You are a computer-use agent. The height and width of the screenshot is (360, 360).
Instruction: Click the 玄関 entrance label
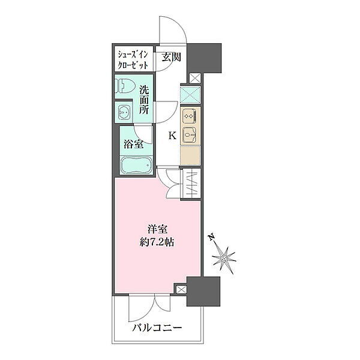click(x=172, y=57)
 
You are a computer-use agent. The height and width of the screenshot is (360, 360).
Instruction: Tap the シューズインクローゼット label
click(x=133, y=61)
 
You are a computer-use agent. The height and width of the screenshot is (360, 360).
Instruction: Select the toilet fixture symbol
click(x=125, y=86)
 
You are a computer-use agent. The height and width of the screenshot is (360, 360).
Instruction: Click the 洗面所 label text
click(x=144, y=100)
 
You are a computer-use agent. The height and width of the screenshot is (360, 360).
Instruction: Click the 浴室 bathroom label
click(x=134, y=145)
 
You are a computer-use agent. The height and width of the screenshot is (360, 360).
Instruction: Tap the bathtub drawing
click(x=136, y=165)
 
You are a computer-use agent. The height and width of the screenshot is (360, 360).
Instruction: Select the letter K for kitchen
click(x=172, y=136)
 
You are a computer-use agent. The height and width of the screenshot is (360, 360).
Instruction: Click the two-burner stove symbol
click(x=190, y=116)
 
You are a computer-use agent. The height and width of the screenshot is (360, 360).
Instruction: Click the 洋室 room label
click(x=157, y=229)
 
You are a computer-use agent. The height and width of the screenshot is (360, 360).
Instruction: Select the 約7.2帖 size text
click(x=157, y=242)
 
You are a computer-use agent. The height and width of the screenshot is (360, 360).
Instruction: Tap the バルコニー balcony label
click(x=157, y=328)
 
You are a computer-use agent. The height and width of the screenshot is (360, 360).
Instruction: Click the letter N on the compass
click(x=212, y=237)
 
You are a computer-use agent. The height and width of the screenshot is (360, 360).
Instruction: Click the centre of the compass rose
click(x=224, y=259)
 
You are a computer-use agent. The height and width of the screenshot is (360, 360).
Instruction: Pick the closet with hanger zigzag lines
click(x=192, y=184)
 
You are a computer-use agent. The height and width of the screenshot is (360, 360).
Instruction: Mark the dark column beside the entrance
click(x=204, y=58)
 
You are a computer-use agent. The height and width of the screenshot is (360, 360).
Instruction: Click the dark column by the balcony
click(x=203, y=292)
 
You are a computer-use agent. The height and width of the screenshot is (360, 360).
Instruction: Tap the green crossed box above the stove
click(x=191, y=95)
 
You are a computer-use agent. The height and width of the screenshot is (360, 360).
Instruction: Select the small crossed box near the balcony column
click(x=181, y=290)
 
